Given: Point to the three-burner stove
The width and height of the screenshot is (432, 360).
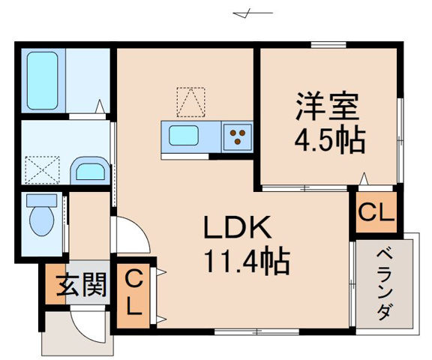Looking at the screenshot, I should (238, 137).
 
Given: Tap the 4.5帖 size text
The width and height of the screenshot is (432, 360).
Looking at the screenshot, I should (328, 139).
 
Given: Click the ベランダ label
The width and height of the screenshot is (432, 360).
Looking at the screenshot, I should (383, 281).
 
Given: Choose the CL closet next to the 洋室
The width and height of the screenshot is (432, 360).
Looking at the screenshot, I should (374, 214).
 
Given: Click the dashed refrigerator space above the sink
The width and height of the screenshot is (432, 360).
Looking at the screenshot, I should (190, 102).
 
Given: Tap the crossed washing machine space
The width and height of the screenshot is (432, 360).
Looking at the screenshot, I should (42, 168).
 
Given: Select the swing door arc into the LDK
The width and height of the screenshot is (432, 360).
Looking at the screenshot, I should (132, 235).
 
